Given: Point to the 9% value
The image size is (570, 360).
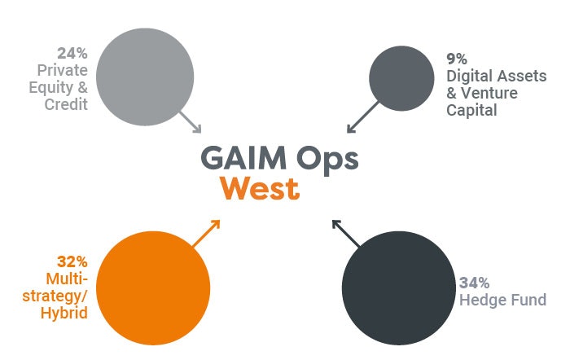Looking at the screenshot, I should click(x=457, y=59).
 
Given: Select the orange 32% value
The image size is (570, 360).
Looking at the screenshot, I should click(x=72, y=261).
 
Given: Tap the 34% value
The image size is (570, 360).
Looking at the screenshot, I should click(x=474, y=283).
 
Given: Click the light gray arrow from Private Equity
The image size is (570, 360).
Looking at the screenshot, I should click(x=190, y=122).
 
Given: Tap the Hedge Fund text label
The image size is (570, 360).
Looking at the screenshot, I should click(x=503, y=301).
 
